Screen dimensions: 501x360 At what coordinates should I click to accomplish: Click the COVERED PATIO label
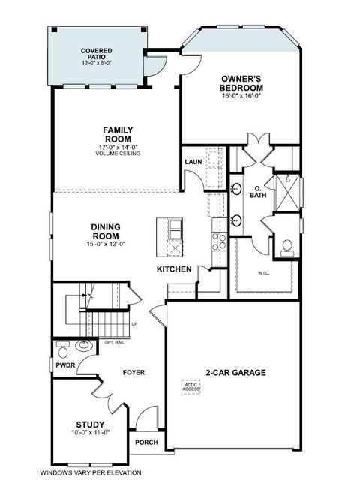click(x=97, y=55)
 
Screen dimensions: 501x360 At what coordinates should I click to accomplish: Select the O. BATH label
click(x=257, y=192)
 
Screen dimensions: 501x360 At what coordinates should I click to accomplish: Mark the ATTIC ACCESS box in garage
click(x=193, y=387)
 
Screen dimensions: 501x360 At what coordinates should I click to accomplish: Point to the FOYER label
click(x=133, y=372)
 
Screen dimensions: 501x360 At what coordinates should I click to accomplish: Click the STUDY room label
click(x=90, y=424)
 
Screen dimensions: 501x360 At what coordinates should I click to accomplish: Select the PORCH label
click(x=146, y=442)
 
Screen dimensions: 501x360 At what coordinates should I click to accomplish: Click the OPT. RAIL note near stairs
click(x=114, y=341)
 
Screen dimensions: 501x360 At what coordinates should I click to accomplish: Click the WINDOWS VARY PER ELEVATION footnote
click(x=89, y=473)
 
